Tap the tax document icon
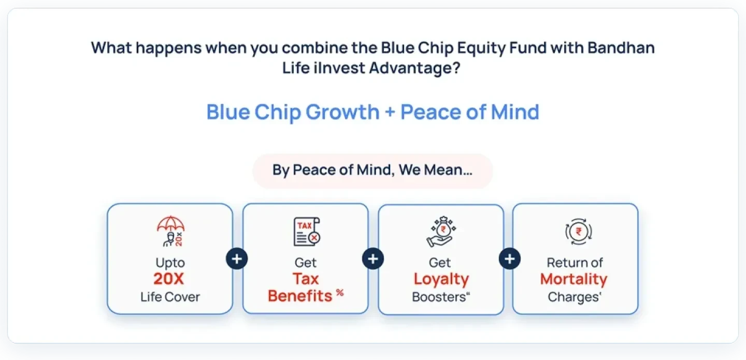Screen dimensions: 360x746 306,232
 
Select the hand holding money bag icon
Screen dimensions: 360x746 440,232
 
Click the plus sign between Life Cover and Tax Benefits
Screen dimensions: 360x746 237,258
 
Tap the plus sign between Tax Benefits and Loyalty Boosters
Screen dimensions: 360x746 373,258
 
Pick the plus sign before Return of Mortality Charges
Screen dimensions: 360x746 510,258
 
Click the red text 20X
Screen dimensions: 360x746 169,279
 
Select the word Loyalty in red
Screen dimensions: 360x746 441,279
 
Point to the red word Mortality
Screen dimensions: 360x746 573,279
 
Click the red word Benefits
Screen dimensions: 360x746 300,296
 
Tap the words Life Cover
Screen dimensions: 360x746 170,297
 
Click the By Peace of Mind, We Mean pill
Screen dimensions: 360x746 372,170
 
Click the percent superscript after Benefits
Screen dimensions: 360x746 339,293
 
